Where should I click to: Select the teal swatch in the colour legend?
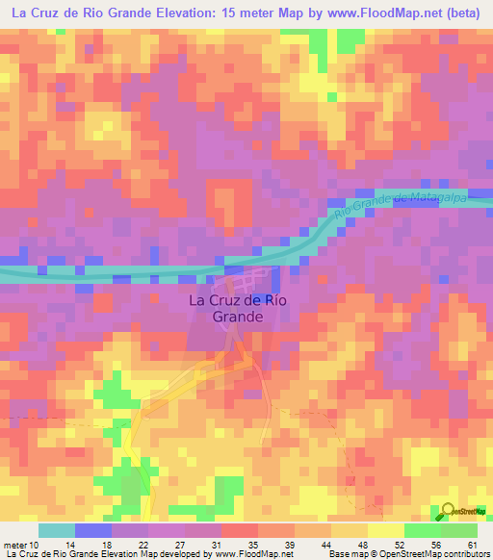[57, 530]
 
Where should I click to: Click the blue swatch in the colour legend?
[93, 530]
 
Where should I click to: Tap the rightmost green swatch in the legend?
[458, 530]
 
